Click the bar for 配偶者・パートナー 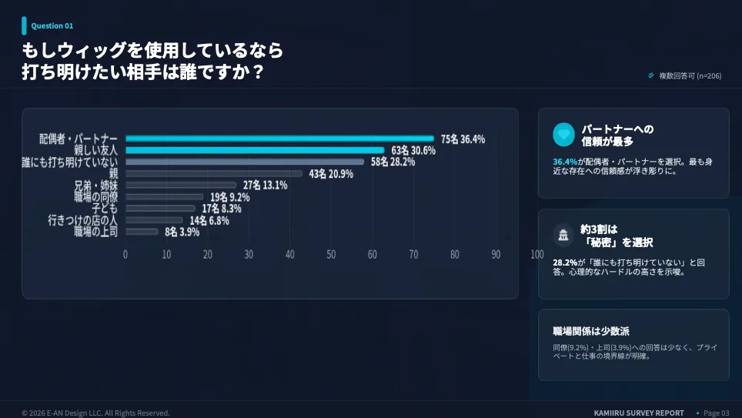point(279,139)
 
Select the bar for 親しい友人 point(255,150)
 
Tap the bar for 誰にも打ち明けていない point(245,162)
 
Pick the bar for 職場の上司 point(142,231)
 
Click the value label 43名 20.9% point(331,174)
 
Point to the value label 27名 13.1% point(265,186)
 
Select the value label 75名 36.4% point(463,139)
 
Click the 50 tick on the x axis point(331,254)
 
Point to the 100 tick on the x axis point(536,254)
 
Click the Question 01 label point(52,26)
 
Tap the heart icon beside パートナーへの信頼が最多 point(563,135)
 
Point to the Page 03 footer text point(716,413)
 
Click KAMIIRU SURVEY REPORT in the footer point(639,413)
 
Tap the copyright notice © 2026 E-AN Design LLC point(95,413)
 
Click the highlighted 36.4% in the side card point(565,162)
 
